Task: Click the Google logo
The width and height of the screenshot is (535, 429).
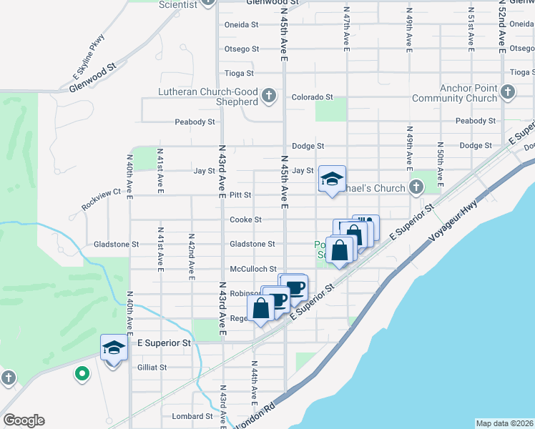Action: (24, 420)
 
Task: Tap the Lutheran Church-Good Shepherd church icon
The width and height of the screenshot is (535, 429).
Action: (269, 96)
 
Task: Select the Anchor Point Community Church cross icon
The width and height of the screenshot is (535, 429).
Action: (507, 92)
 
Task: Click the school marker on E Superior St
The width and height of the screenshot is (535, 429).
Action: (114, 348)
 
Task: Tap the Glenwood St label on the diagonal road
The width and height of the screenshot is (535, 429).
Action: (92, 79)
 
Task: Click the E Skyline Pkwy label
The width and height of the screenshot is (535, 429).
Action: (89, 55)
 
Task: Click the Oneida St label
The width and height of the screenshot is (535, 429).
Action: (241, 24)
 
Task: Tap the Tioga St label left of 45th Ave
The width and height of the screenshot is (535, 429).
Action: (240, 73)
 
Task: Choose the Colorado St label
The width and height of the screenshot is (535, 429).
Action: (312, 97)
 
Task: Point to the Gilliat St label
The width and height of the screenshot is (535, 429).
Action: (151, 368)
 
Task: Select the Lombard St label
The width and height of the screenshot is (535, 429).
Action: (192, 416)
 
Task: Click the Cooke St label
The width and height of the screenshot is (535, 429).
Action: (245, 220)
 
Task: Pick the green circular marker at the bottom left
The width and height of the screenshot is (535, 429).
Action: (82, 373)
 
